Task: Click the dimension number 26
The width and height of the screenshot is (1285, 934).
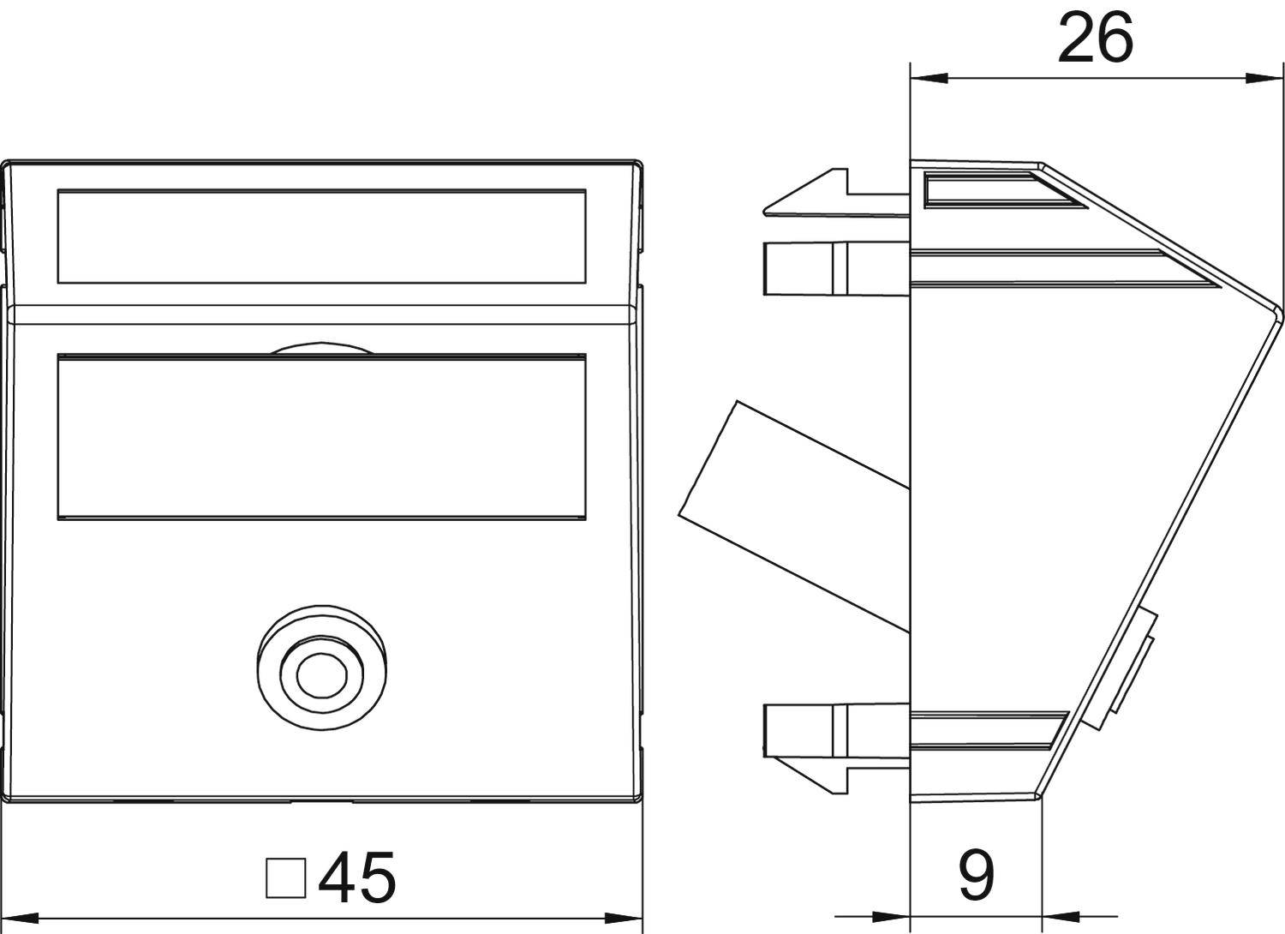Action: (x=1094, y=39)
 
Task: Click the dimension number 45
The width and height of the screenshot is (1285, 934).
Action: (x=356, y=878)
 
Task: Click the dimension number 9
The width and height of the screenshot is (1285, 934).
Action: (x=976, y=876)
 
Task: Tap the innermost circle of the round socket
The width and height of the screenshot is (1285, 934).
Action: (x=320, y=675)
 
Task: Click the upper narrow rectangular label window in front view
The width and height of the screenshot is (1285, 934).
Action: (x=321, y=236)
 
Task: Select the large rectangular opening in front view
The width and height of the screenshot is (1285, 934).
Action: (x=321, y=436)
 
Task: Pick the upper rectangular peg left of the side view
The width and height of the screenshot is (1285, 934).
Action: (x=797, y=269)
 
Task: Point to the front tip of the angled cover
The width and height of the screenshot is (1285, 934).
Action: (x=1280, y=310)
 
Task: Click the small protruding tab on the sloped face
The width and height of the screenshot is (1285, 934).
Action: (x=1131, y=668)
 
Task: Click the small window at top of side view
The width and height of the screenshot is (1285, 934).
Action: (x=985, y=189)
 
